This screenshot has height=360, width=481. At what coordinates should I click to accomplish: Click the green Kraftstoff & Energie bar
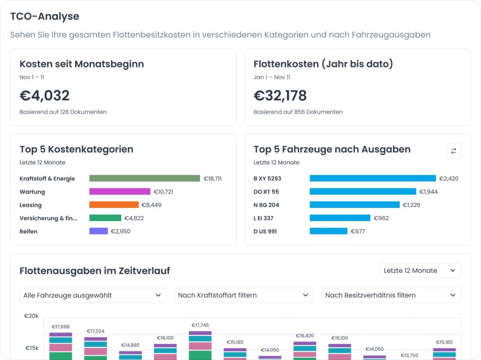(145, 178)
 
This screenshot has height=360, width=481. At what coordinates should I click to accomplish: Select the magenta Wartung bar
(120, 191)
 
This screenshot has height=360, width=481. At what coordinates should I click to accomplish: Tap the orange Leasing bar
(114, 205)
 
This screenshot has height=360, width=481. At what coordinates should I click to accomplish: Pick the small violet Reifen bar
(99, 231)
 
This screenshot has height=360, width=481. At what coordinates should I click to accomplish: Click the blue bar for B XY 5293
(372, 178)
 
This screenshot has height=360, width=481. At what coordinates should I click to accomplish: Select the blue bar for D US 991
(328, 231)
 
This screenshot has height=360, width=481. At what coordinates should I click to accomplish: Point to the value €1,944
(428, 191)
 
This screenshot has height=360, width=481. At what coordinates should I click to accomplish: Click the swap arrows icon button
(453, 151)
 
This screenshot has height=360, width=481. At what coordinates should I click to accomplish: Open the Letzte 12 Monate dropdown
(420, 270)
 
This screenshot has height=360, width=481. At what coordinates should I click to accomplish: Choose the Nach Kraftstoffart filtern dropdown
(244, 295)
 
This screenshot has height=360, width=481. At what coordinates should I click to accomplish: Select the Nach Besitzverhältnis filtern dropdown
(391, 295)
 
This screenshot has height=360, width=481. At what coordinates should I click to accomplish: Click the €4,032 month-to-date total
(45, 96)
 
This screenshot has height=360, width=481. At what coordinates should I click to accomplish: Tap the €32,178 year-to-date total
(280, 96)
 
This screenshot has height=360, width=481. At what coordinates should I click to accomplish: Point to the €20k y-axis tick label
(31, 316)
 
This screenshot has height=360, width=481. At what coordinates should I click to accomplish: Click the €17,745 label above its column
(200, 325)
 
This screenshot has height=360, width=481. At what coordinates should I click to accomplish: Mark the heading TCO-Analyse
(45, 16)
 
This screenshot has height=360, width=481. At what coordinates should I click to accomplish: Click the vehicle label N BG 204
(266, 205)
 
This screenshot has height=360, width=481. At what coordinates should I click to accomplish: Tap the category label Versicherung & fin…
(48, 218)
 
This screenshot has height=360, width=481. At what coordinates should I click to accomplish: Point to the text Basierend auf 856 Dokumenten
(298, 112)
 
